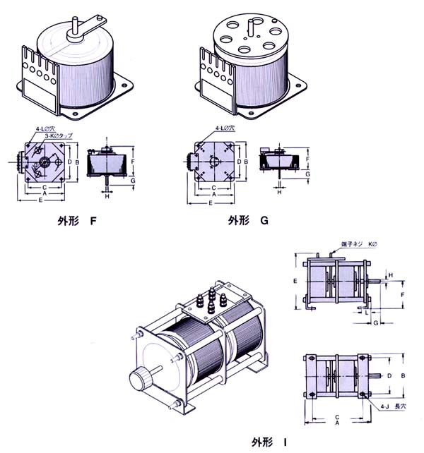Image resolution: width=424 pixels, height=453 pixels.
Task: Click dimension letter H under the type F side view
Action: point(107,195)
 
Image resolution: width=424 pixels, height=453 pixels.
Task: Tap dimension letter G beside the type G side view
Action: point(307,173)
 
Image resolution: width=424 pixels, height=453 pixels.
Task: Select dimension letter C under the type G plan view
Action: point(213,187)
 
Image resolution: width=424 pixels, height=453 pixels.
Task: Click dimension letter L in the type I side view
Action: point(367,311)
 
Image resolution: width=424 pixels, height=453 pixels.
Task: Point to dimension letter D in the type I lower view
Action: point(389,375)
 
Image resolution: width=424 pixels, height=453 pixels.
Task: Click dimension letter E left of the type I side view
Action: point(295,280)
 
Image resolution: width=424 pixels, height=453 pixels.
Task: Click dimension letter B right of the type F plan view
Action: point(77,162)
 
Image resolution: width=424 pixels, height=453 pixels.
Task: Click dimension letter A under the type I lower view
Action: point(337,423)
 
